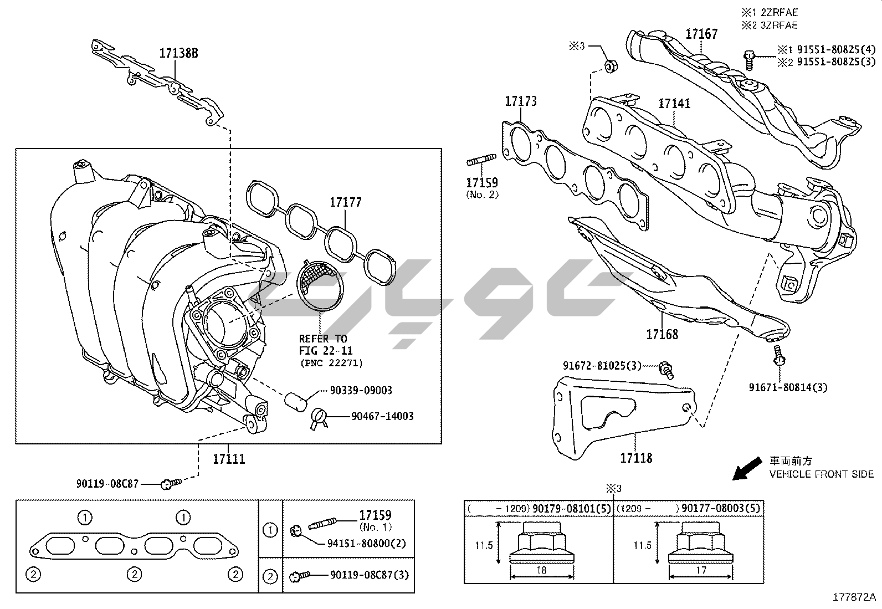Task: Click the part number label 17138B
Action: click(x=178, y=53)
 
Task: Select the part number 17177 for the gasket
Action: click(x=345, y=202)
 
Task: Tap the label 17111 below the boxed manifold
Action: click(x=229, y=459)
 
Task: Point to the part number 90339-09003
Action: click(x=361, y=391)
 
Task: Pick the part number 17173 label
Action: click(x=520, y=101)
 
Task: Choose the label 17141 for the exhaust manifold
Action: click(x=674, y=104)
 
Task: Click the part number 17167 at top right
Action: click(x=701, y=34)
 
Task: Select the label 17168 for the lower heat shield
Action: click(x=661, y=334)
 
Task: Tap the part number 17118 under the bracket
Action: click(x=636, y=458)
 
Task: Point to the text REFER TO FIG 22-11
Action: click(x=326, y=345)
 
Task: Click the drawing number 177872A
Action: click(x=854, y=597)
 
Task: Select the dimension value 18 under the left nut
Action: click(x=541, y=570)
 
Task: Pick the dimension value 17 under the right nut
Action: click(x=701, y=570)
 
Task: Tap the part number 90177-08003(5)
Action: click(x=721, y=508)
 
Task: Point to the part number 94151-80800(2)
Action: click(x=366, y=544)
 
